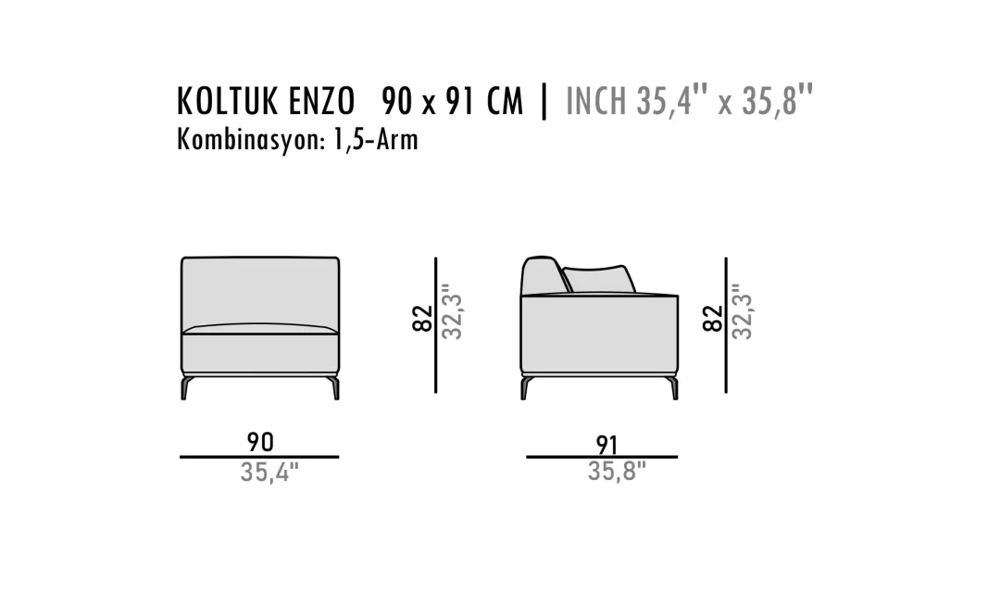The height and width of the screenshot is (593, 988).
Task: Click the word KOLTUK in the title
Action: [x=228, y=101]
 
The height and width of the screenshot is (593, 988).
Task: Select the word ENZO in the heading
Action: [x=321, y=101]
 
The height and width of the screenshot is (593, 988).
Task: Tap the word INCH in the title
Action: [x=596, y=101]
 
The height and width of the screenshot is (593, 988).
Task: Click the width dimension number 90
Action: [x=260, y=442]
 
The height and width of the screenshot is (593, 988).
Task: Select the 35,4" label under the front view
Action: [x=269, y=473]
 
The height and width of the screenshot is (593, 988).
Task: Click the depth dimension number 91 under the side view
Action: [x=607, y=445]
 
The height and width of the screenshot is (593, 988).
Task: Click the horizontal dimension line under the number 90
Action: [x=259, y=457]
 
